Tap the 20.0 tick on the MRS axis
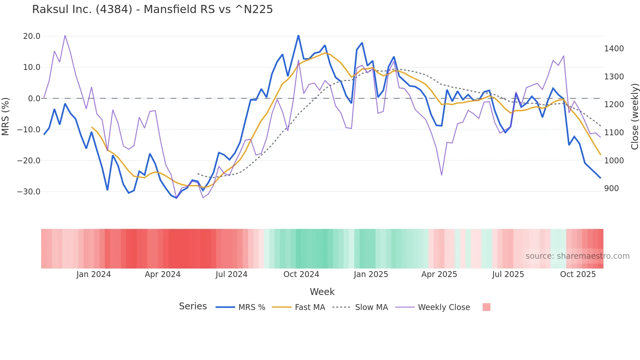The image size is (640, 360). tap(32, 36)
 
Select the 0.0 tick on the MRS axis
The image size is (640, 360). tap(34, 98)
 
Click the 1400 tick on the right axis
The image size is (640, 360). tap(614, 49)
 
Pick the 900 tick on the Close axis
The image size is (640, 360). tap(612, 188)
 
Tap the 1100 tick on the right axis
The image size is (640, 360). tap(614, 133)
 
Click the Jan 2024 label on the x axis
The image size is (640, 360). tap(94, 274)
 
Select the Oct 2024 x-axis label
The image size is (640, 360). tap(301, 274)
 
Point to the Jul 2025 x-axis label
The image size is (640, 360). tap(508, 274)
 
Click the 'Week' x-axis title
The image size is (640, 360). tap(322, 292)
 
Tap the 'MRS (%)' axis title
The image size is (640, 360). tap(5, 116)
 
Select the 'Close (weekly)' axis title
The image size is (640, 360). tap(635, 116)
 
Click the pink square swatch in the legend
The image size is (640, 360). tap(486, 307)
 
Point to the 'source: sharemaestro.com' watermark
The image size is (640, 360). tap(577, 256)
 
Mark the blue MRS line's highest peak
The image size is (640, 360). tap(298, 36)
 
